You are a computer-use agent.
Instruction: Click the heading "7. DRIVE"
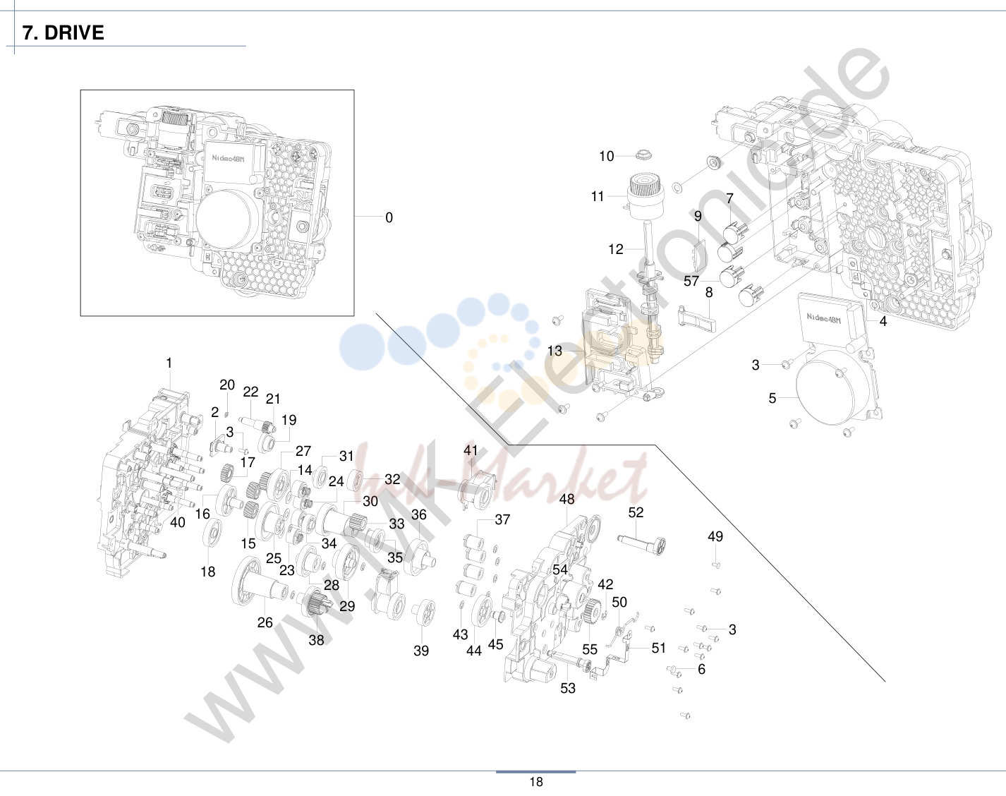coord(63,32)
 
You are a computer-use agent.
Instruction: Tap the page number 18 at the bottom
coord(536,782)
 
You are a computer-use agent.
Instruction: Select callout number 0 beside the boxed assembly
coord(389,217)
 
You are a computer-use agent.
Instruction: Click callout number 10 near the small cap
coord(606,156)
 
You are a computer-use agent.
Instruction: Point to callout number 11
coord(598,196)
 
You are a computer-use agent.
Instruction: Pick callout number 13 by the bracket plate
coord(554,351)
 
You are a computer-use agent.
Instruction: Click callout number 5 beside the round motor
coord(772,399)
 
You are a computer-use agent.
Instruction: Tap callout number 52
coord(636,512)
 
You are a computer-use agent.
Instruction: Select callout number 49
coord(715,536)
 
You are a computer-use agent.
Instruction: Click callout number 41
coord(471,450)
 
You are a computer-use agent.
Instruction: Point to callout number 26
coord(265,622)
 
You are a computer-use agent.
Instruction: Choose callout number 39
coord(421,651)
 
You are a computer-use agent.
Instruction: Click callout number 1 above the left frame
coord(169,363)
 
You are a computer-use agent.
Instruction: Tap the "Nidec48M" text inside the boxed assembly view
coord(228,158)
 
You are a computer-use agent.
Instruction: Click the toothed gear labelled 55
coord(591,613)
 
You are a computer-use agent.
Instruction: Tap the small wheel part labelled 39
coord(423,613)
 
